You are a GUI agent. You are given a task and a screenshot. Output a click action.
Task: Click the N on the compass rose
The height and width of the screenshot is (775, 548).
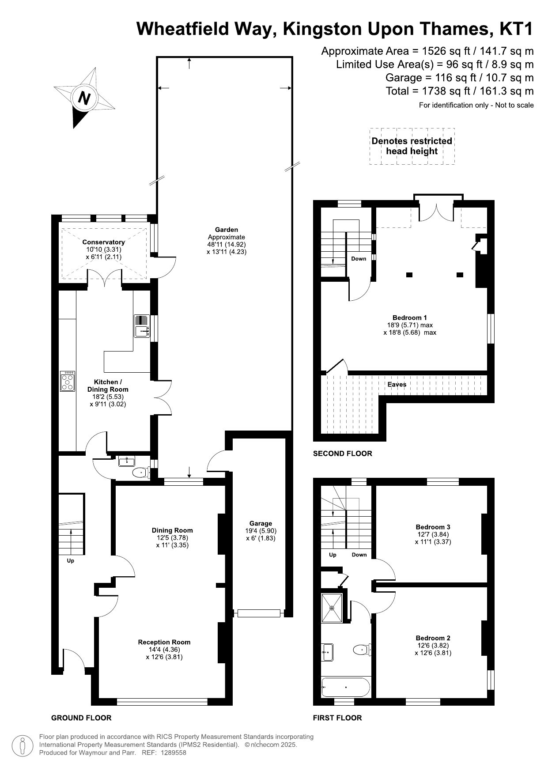[84, 98]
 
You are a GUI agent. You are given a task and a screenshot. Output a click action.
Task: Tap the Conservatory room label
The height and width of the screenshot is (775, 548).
[103, 242]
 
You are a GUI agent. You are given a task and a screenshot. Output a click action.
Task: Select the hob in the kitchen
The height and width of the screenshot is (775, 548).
[68, 381]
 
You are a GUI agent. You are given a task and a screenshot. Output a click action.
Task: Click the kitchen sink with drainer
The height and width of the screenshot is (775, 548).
[142, 326]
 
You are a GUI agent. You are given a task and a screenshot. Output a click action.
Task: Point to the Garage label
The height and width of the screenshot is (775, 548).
[261, 523]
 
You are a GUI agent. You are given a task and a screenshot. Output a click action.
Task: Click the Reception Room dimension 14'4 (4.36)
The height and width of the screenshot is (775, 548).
[164, 650]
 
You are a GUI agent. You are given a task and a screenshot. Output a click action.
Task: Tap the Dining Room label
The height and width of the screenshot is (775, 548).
[172, 530]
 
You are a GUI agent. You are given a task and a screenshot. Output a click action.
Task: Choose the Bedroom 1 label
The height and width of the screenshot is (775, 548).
[410, 318]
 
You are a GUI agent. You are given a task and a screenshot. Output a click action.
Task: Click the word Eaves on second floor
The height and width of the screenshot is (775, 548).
[397, 384]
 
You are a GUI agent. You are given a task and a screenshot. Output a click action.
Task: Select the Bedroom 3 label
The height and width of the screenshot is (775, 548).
[433, 527]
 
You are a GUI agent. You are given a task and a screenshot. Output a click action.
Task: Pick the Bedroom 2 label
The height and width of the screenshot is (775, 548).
[433, 638]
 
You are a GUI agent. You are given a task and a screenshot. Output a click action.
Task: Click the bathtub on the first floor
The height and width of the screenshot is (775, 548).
[346, 687]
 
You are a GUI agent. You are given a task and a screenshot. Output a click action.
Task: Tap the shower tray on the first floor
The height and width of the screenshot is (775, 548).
[332, 608]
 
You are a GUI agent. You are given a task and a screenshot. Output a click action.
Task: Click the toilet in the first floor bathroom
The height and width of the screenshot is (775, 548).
[361, 650]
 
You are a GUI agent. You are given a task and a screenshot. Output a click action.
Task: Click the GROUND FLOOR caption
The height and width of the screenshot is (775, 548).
[81, 718]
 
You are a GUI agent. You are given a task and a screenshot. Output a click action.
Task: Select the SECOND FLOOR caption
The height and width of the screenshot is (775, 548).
[343, 454]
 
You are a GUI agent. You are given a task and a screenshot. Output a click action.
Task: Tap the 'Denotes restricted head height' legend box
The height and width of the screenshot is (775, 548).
[412, 146]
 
